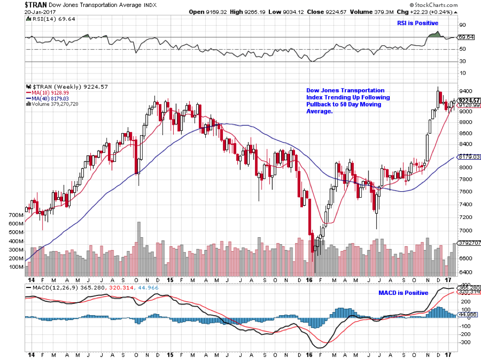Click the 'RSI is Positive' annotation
pos(417,23)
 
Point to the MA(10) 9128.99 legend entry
pos(47,93)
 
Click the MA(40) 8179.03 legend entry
pos(47,99)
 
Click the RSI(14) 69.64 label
pos(48,18)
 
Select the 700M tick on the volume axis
pos(16,216)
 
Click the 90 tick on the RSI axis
pos(462,25)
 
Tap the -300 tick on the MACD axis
pos(464,341)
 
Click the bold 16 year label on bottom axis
pos(309,355)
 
